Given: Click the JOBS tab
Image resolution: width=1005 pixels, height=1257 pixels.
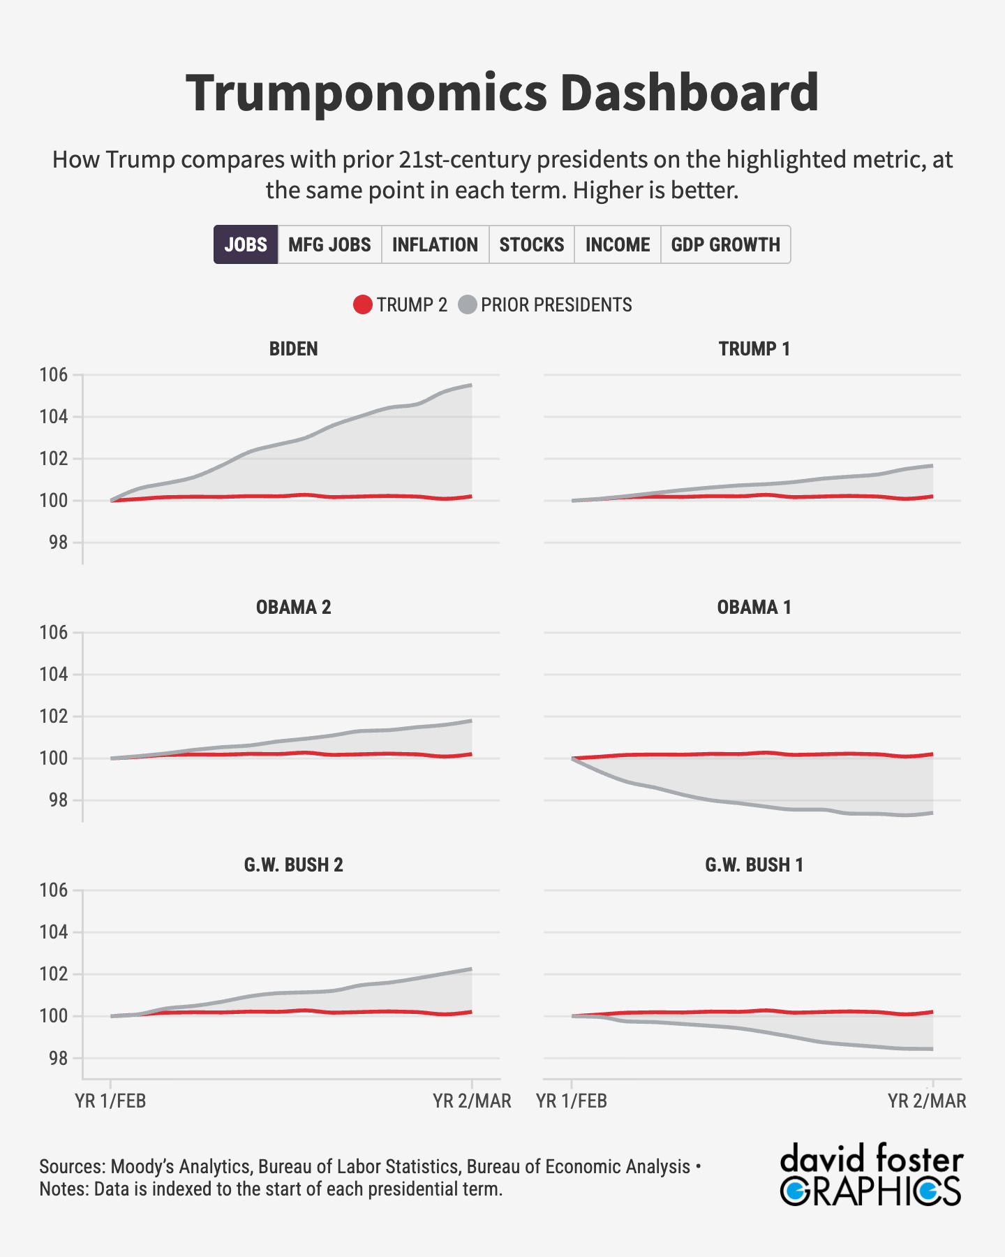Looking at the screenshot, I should click(246, 244).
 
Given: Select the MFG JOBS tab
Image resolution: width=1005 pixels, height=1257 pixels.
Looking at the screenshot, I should click(329, 244).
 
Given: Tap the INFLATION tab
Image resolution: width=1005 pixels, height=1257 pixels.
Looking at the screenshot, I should click(435, 244).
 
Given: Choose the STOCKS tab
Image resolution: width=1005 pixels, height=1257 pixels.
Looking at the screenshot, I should click(531, 244).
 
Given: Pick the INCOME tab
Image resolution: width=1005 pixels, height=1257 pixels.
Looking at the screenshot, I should click(617, 244).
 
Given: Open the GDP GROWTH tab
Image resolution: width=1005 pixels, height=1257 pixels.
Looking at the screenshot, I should click(725, 244).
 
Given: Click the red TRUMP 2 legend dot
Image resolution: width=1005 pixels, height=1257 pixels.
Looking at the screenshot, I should click(363, 305).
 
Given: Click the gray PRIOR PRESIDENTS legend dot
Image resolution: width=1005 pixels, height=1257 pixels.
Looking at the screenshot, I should click(468, 305).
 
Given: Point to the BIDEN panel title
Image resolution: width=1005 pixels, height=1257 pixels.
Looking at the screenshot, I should click(293, 348).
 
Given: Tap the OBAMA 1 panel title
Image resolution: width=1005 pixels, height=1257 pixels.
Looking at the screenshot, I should click(754, 607).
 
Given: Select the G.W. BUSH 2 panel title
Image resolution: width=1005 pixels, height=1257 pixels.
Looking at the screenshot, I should click(293, 865).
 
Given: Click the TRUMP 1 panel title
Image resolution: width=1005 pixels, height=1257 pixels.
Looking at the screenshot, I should click(754, 348).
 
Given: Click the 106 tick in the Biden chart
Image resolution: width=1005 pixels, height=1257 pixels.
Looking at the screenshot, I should click(54, 375).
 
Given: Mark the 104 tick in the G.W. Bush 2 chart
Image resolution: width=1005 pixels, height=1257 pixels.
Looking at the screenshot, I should click(54, 932).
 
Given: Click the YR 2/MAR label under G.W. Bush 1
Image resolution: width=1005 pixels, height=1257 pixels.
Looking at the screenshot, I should click(927, 1101).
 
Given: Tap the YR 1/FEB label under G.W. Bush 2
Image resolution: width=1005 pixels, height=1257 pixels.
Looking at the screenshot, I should click(110, 1101).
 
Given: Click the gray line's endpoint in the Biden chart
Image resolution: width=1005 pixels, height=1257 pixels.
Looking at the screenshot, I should click(472, 385).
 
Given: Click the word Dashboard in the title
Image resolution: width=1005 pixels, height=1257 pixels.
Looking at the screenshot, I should click(689, 92).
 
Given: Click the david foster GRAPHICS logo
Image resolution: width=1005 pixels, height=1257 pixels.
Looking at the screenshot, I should click(871, 1175).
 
